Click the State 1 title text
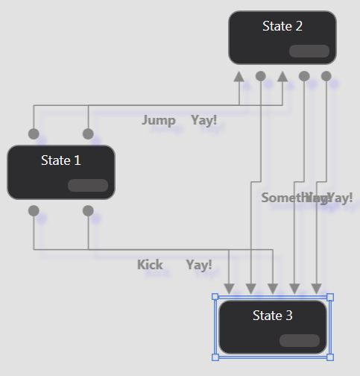point(61,160)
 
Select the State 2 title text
point(282,26)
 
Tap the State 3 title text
point(273,316)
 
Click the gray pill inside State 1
point(88,186)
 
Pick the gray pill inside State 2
point(309,51)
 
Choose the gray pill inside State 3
point(300,340)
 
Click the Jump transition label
point(159,120)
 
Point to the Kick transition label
point(150,265)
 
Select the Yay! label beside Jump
point(203,120)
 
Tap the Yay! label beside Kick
point(199,265)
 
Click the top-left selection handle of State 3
point(215,297)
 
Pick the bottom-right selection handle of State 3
point(330,357)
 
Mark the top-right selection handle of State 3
point(330,297)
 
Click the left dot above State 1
point(34,134)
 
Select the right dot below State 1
point(88,211)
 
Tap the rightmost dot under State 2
point(326,76)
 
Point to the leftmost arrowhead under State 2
point(239,76)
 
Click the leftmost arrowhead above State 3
point(229,288)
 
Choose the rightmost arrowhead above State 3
point(316,288)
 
